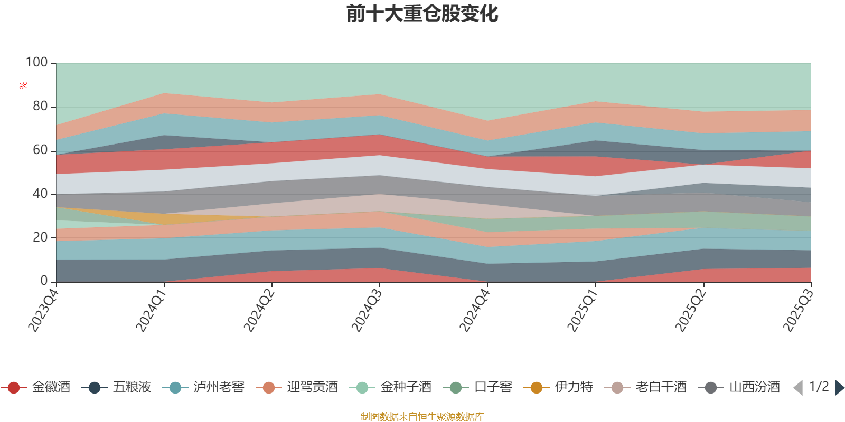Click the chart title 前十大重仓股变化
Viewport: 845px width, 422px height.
point(422,14)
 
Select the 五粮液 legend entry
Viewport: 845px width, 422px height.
point(117,388)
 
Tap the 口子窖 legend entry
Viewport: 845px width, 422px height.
point(478,388)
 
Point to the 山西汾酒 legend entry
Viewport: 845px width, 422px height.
point(739,388)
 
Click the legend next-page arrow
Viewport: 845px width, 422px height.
point(840,388)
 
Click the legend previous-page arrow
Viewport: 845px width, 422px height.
point(798,388)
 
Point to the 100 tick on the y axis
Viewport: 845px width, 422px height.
point(37,63)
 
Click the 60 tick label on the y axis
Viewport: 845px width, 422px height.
point(40,150)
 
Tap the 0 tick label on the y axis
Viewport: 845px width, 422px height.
point(44,281)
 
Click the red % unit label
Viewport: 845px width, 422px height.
point(23,85)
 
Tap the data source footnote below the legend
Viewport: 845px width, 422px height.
point(422,417)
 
